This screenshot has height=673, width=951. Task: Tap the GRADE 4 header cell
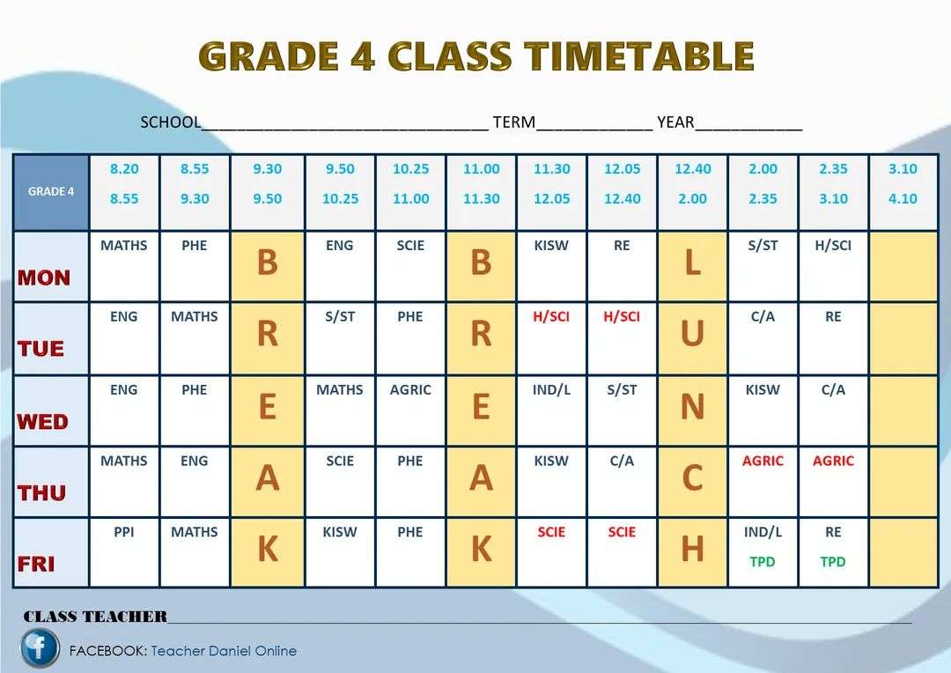click(x=51, y=192)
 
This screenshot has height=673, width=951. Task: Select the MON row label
click(x=44, y=277)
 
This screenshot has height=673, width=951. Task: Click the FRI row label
click(x=36, y=563)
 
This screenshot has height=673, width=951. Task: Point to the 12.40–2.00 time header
click(x=693, y=183)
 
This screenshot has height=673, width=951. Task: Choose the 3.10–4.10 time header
click(x=903, y=183)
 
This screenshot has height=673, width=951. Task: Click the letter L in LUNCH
click(x=693, y=263)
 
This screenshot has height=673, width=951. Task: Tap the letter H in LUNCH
click(x=693, y=550)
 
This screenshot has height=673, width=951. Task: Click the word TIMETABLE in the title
click(x=640, y=56)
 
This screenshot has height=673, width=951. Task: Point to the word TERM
click(x=514, y=122)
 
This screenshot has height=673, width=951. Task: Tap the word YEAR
click(x=675, y=122)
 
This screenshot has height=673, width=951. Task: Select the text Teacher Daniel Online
click(x=224, y=651)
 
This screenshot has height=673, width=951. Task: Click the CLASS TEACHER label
click(x=95, y=617)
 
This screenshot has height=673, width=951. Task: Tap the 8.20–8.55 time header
click(x=124, y=183)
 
